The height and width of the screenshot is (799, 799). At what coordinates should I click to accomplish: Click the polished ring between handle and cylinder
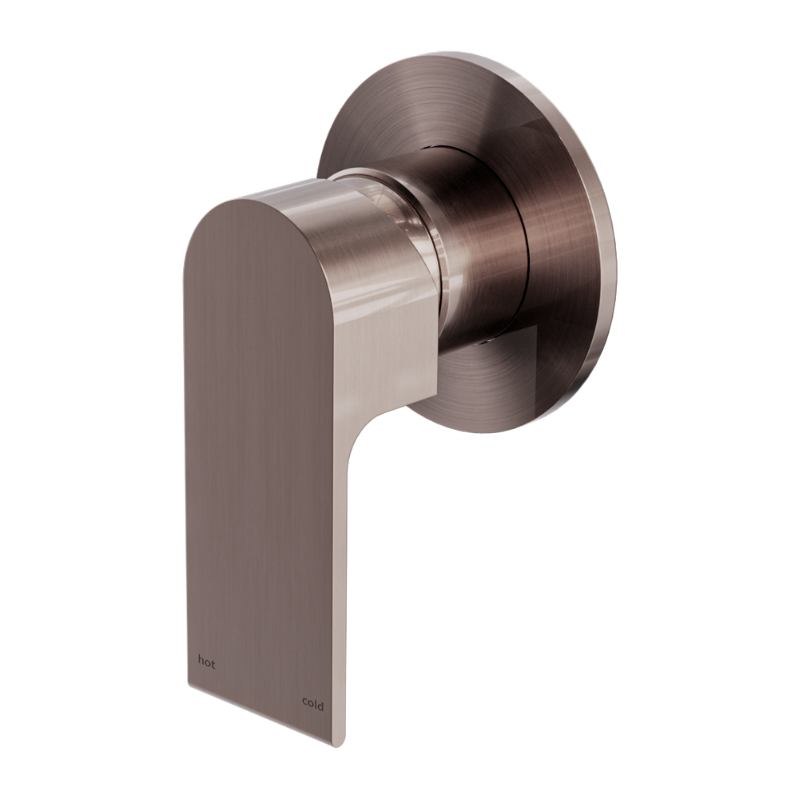click(415, 240)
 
